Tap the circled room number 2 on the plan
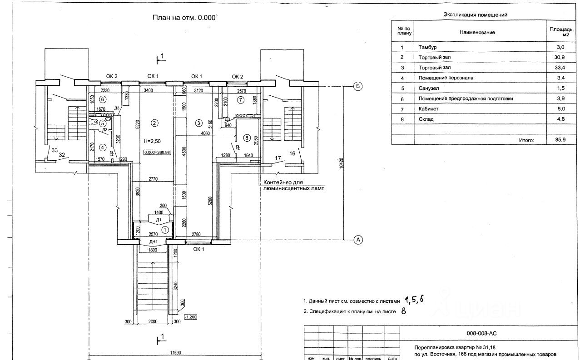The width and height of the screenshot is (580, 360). point(154,123)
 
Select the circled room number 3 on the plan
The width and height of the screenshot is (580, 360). point(198,123)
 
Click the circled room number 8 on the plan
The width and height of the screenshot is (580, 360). point(247,137)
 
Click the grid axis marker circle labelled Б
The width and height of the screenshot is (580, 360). point(358,86)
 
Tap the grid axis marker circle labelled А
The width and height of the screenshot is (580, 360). point(358,240)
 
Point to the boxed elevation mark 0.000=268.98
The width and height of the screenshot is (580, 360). point(157,153)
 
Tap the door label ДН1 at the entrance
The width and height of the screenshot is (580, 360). point(154,242)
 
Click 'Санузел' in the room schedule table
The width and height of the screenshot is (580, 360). point(428,88)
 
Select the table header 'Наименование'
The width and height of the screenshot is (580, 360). point(477,32)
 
